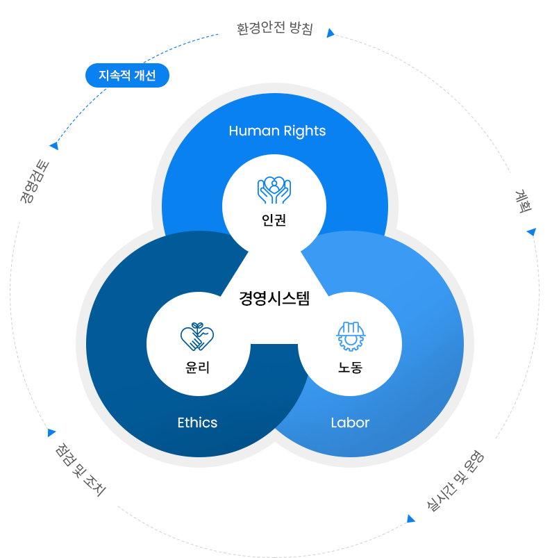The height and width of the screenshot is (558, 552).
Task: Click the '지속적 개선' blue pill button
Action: point(127,76)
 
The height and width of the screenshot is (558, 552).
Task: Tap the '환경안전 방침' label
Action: point(275,29)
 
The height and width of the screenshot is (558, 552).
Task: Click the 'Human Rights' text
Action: point(277,131)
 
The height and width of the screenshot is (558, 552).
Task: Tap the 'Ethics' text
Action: point(197,422)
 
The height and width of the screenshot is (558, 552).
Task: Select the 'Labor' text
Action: point(350,422)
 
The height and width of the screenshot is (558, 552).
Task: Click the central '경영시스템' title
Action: point(274,299)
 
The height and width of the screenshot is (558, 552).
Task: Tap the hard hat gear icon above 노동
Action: point(350,336)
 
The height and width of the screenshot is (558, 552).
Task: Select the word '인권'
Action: point(274,221)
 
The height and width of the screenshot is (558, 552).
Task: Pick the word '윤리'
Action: point(198,368)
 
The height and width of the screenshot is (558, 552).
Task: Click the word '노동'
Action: point(350,368)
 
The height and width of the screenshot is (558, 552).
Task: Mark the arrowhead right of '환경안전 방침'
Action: point(331,33)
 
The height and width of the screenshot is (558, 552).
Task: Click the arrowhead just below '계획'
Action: point(531,231)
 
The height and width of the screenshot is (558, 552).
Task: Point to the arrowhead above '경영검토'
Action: point(53,146)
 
